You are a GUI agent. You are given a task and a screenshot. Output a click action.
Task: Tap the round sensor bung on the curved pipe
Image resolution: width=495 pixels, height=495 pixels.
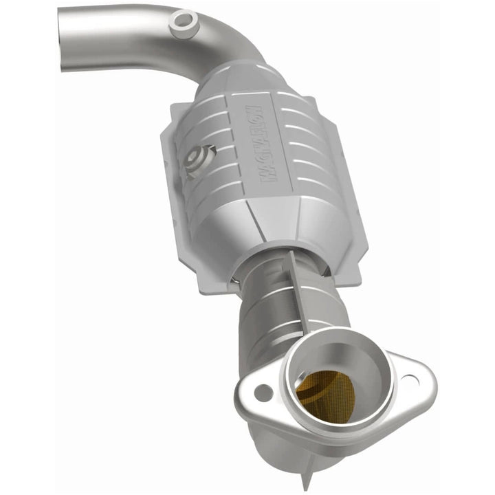(181, 21)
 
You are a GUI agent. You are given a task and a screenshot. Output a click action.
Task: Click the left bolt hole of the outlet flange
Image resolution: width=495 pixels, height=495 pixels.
(262, 393)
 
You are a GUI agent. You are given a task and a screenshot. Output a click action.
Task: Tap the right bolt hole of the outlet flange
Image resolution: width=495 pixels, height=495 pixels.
(410, 379)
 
